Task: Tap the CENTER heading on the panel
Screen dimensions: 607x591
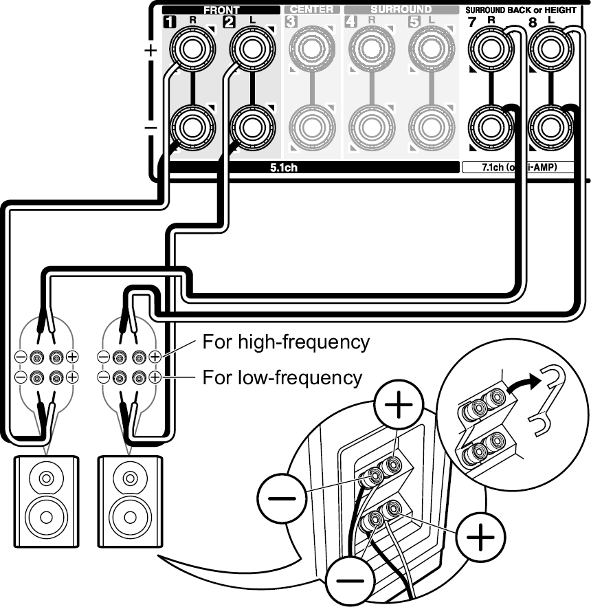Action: coord(311,10)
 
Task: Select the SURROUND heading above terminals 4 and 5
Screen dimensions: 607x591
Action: coord(401,10)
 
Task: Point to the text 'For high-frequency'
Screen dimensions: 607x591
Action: coord(286,342)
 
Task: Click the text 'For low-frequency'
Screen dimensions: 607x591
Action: coord(282,377)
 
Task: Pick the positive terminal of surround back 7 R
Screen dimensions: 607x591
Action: coord(489,50)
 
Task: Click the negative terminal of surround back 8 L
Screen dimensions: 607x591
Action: coord(550,126)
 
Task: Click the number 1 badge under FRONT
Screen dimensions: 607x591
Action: coord(168,21)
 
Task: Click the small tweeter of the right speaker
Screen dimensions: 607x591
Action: coord(129,476)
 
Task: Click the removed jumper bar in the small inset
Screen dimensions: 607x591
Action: coord(549,402)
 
